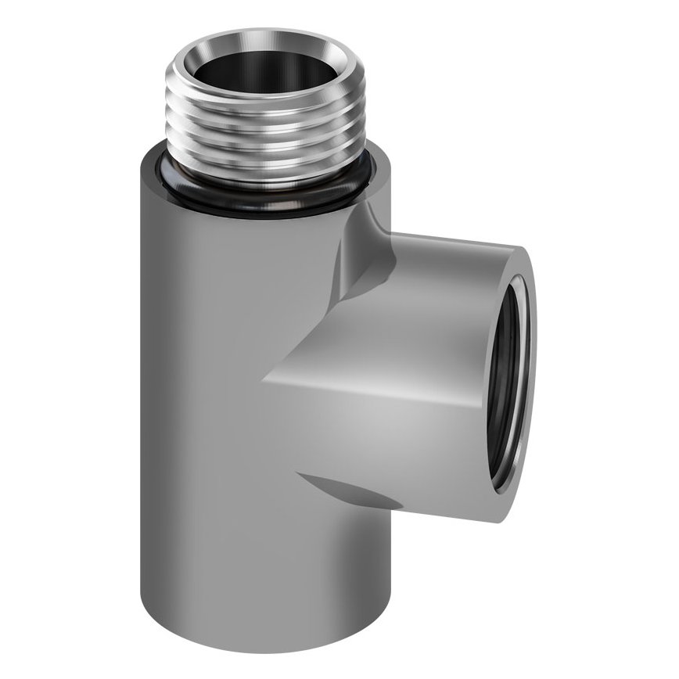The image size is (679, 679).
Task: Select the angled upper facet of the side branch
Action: pos(391,313)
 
